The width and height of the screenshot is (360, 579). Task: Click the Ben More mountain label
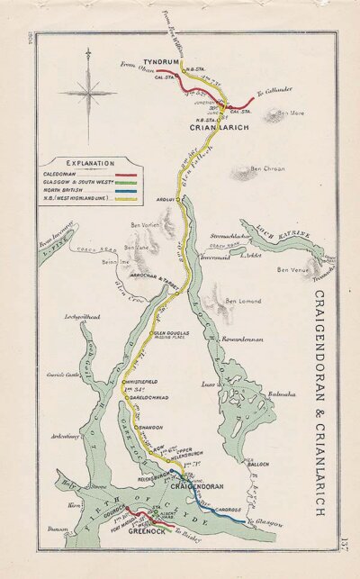pos(289,113)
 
